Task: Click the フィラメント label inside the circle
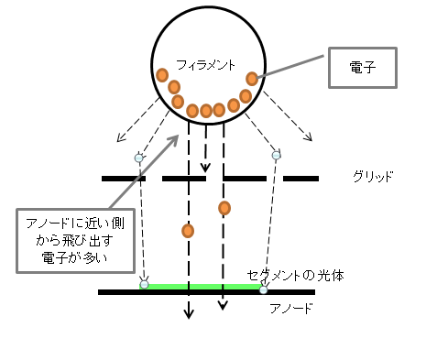(205, 65)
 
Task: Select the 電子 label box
(363, 68)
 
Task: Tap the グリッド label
(373, 177)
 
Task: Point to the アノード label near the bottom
(291, 309)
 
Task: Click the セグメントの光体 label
(295, 276)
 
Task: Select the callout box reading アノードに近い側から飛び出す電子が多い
(75, 241)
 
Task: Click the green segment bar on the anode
(202, 287)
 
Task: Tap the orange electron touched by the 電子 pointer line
(252, 79)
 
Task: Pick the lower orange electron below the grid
(188, 231)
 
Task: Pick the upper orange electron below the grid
(224, 208)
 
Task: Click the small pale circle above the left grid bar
(139, 158)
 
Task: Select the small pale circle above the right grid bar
(276, 156)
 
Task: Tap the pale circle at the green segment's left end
(144, 285)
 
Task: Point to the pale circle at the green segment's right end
(264, 289)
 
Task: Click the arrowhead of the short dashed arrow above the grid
(205, 169)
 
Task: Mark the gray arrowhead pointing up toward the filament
(174, 139)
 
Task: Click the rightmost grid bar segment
(300, 179)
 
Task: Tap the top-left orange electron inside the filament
(162, 75)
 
